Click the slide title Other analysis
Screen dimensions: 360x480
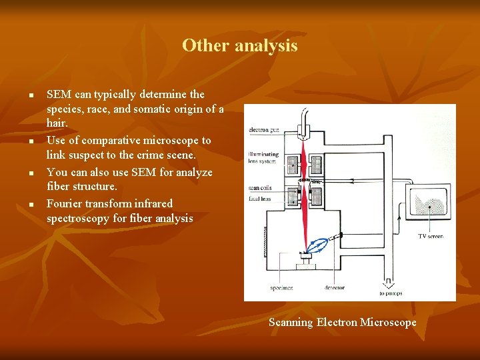pos(239,45)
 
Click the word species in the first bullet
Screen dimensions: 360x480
pos(65,109)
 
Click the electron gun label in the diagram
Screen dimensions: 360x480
pos(264,129)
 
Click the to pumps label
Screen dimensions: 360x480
pos(391,293)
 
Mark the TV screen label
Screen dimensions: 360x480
pos(430,236)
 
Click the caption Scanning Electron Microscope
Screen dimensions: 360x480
pos(342,323)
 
